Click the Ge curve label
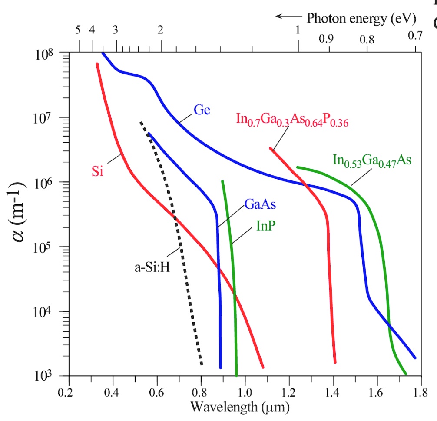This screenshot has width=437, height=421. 202,110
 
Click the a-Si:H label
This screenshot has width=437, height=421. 151,266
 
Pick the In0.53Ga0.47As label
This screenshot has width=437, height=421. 372,160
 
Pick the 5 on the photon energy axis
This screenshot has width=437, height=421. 78,30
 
